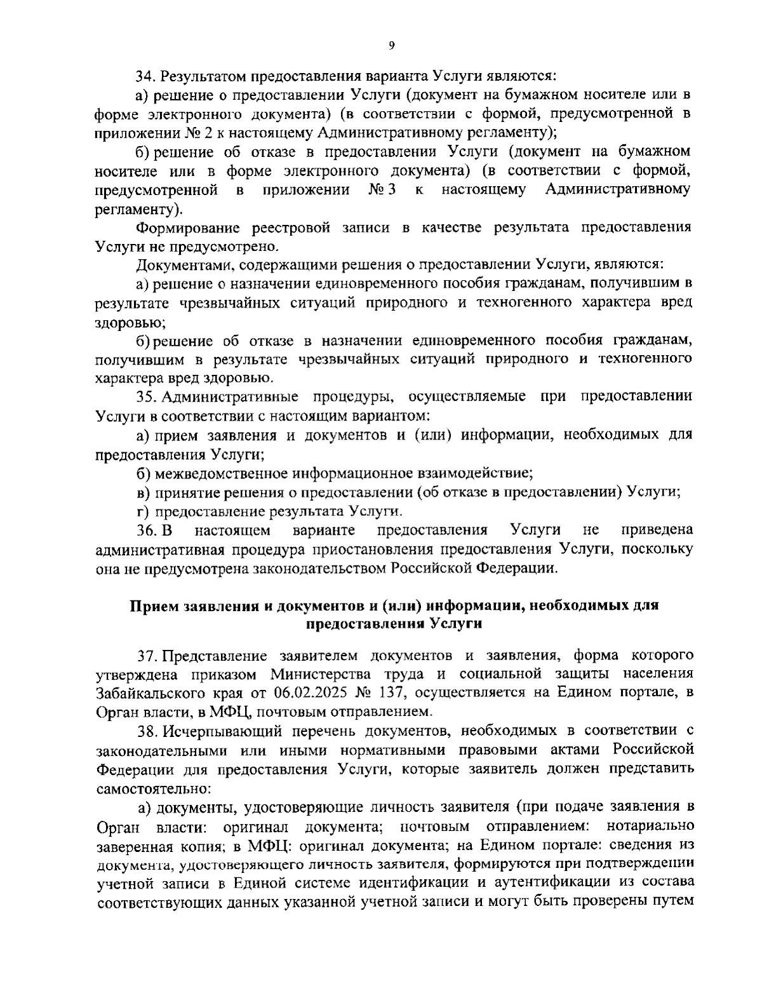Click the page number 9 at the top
(391, 45)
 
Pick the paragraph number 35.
(147, 397)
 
